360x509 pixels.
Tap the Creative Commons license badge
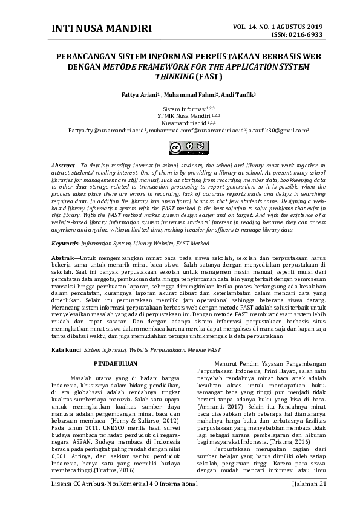(180, 147)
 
